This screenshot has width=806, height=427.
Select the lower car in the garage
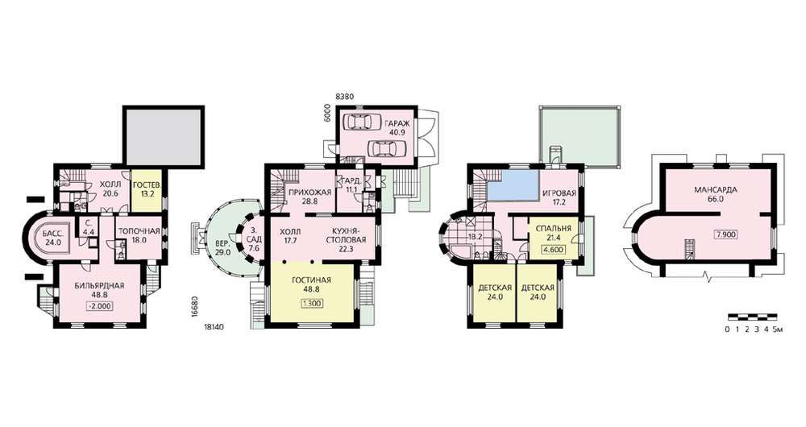384,148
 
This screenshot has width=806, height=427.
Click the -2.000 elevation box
100,305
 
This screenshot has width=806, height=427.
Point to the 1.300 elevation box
311,303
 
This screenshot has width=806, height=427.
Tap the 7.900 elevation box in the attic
726,234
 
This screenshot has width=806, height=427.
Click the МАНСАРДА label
716,190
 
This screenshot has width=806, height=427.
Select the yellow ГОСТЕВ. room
145,189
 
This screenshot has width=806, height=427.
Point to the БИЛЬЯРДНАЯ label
99,286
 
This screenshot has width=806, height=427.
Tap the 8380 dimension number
343,96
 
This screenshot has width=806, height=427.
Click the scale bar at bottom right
753,317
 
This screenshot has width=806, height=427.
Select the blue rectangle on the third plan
513,184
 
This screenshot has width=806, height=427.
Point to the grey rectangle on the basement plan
164,135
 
